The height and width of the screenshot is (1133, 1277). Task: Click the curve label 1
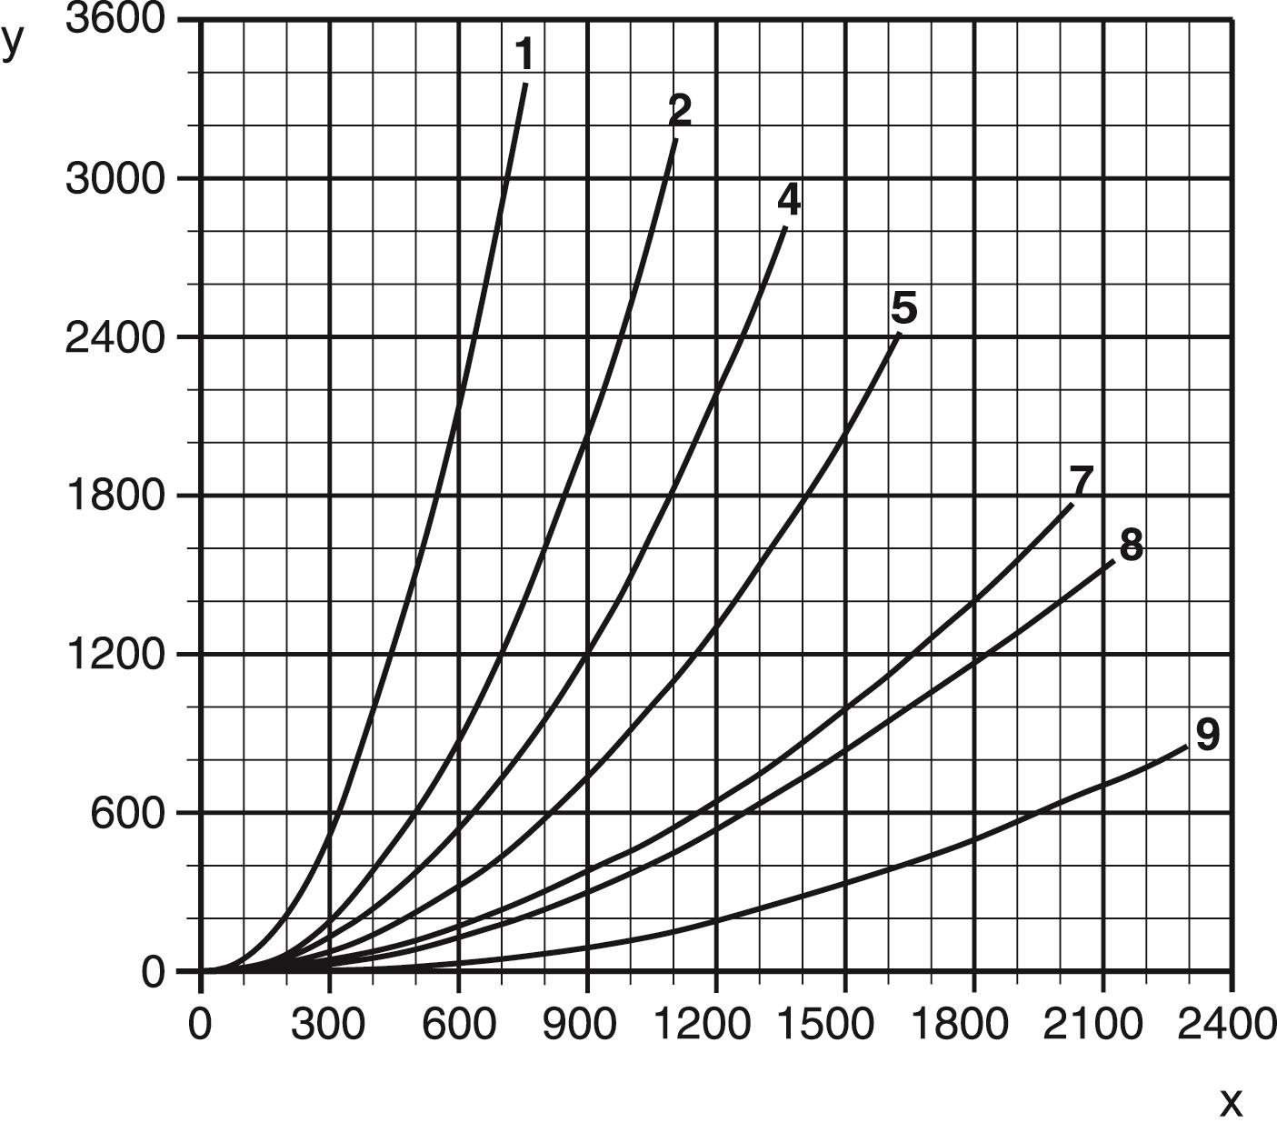point(524,55)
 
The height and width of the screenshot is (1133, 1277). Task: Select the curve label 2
point(680,110)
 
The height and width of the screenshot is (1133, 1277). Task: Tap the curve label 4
point(789,200)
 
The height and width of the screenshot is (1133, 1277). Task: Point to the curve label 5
point(904,308)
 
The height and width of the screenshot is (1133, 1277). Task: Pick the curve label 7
point(1081,480)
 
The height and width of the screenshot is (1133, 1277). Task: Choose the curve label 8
point(1131,546)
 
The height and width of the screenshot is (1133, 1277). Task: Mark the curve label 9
point(1207,735)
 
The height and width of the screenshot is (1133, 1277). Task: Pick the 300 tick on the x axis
point(328,1024)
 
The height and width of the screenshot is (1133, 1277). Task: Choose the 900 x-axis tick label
point(586,1024)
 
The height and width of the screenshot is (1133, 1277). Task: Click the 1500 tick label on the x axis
point(845,1024)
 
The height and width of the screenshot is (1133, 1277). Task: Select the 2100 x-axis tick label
point(1102,1024)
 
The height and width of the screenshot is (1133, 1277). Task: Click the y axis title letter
point(12,42)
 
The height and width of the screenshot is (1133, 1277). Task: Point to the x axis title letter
point(1231,1103)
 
